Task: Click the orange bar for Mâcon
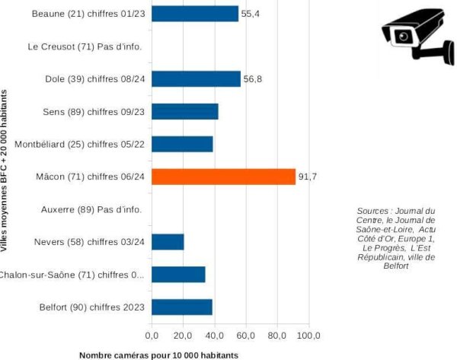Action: tap(223, 177)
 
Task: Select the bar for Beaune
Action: tap(195, 14)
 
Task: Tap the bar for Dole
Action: tap(196, 78)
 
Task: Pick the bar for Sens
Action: tap(185, 111)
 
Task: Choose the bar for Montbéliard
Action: tap(182, 144)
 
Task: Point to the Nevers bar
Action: tap(168, 242)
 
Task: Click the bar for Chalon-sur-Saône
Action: tap(178, 275)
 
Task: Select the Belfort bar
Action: tap(182, 307)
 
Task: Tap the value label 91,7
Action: tap(308, 177)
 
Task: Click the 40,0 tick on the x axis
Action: tap(214, 335)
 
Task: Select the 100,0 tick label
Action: tap(308, 335)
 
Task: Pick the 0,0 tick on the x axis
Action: tap(152, 335)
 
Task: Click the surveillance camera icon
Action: tap(417, 34)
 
